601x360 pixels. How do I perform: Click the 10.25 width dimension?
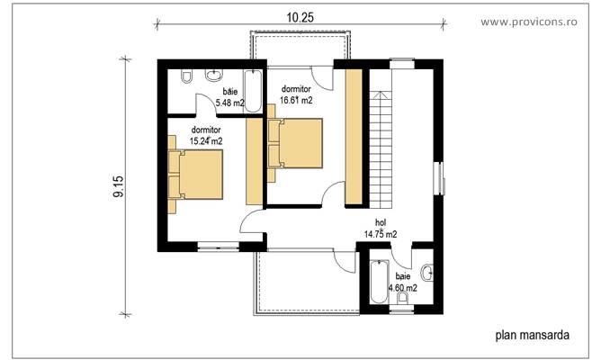pyautogui.click(x=300, y=17)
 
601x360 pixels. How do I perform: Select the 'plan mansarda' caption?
pyautogui.click(x=531, y=336)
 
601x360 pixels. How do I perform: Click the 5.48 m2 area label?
pyautogui.click(x=230, y=103)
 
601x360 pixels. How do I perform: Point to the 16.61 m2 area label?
pyautogui.click(x=297, y=101)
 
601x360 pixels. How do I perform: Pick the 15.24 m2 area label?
pyautogui.click(x=206, y=140)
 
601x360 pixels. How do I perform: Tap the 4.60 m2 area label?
pyautogui.click(x=401, y=288)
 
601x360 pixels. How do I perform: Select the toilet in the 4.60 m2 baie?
pyautogui.click(x=402, y=299)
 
